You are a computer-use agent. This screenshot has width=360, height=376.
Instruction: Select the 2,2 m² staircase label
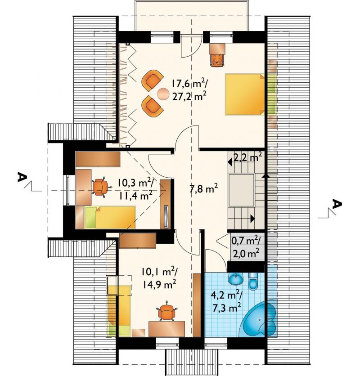(x=247, y=158)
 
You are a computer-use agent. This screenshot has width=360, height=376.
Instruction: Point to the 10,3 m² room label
(x=136, y=184)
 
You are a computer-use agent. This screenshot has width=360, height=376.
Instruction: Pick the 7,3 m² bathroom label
(x=227, y=308)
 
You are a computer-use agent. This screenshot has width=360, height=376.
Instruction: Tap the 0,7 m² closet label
(x=246, y=240)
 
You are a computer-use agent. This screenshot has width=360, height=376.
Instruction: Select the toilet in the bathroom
(x=253, y=281)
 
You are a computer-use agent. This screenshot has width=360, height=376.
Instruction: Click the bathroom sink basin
(x=236, y=279)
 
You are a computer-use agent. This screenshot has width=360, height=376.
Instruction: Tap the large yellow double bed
(x=244, y=94)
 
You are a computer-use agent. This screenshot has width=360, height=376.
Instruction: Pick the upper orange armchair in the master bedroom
(x=152, y=80)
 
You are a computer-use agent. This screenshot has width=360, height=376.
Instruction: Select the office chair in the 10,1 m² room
(x=166, y=311)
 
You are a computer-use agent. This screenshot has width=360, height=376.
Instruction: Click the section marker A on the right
(x=337, y=204)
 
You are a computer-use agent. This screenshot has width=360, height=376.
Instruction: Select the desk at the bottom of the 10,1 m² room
(x=166, y=329)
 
